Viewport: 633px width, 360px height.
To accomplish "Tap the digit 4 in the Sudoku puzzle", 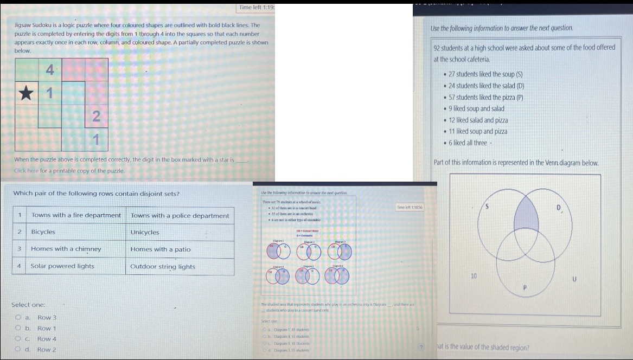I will coord(49,70).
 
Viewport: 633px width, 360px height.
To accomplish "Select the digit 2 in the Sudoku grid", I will coord(96,115).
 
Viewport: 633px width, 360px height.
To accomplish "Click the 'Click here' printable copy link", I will coord(25,171).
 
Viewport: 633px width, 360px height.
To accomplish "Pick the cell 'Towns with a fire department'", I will coord(76,215).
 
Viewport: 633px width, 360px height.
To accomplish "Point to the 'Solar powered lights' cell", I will coord(62,266).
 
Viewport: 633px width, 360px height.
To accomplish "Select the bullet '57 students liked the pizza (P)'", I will coord(485,98).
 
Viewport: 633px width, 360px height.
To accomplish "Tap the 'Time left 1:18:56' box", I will coord(410,208).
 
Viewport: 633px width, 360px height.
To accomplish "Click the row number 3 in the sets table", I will coord(19,249).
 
